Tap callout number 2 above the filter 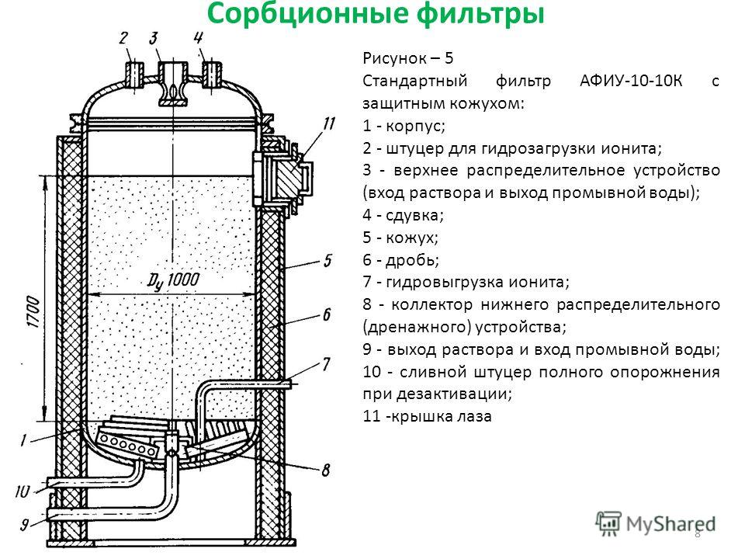click(123, 38)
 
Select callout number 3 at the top click(154, 38)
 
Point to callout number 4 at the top click(199, 37)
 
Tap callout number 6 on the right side click(327, 314)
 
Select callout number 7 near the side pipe click(327, 363)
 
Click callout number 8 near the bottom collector click(326, 469)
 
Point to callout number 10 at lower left click(22, 491)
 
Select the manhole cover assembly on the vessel click(279, 178)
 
